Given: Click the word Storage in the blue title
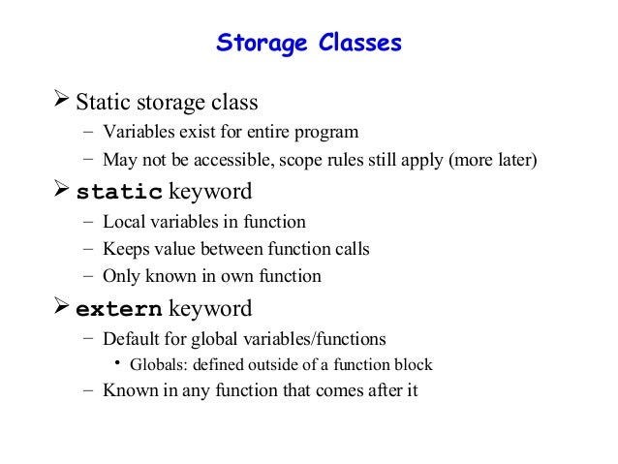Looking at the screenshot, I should tap(259, 44).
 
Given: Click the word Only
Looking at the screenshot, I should tap(121, 276).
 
